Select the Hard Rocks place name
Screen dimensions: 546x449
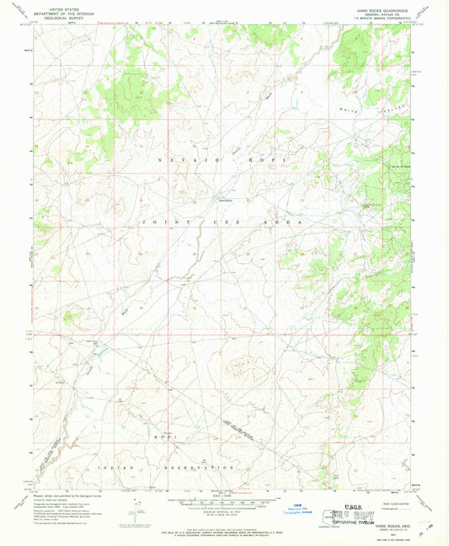227,200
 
